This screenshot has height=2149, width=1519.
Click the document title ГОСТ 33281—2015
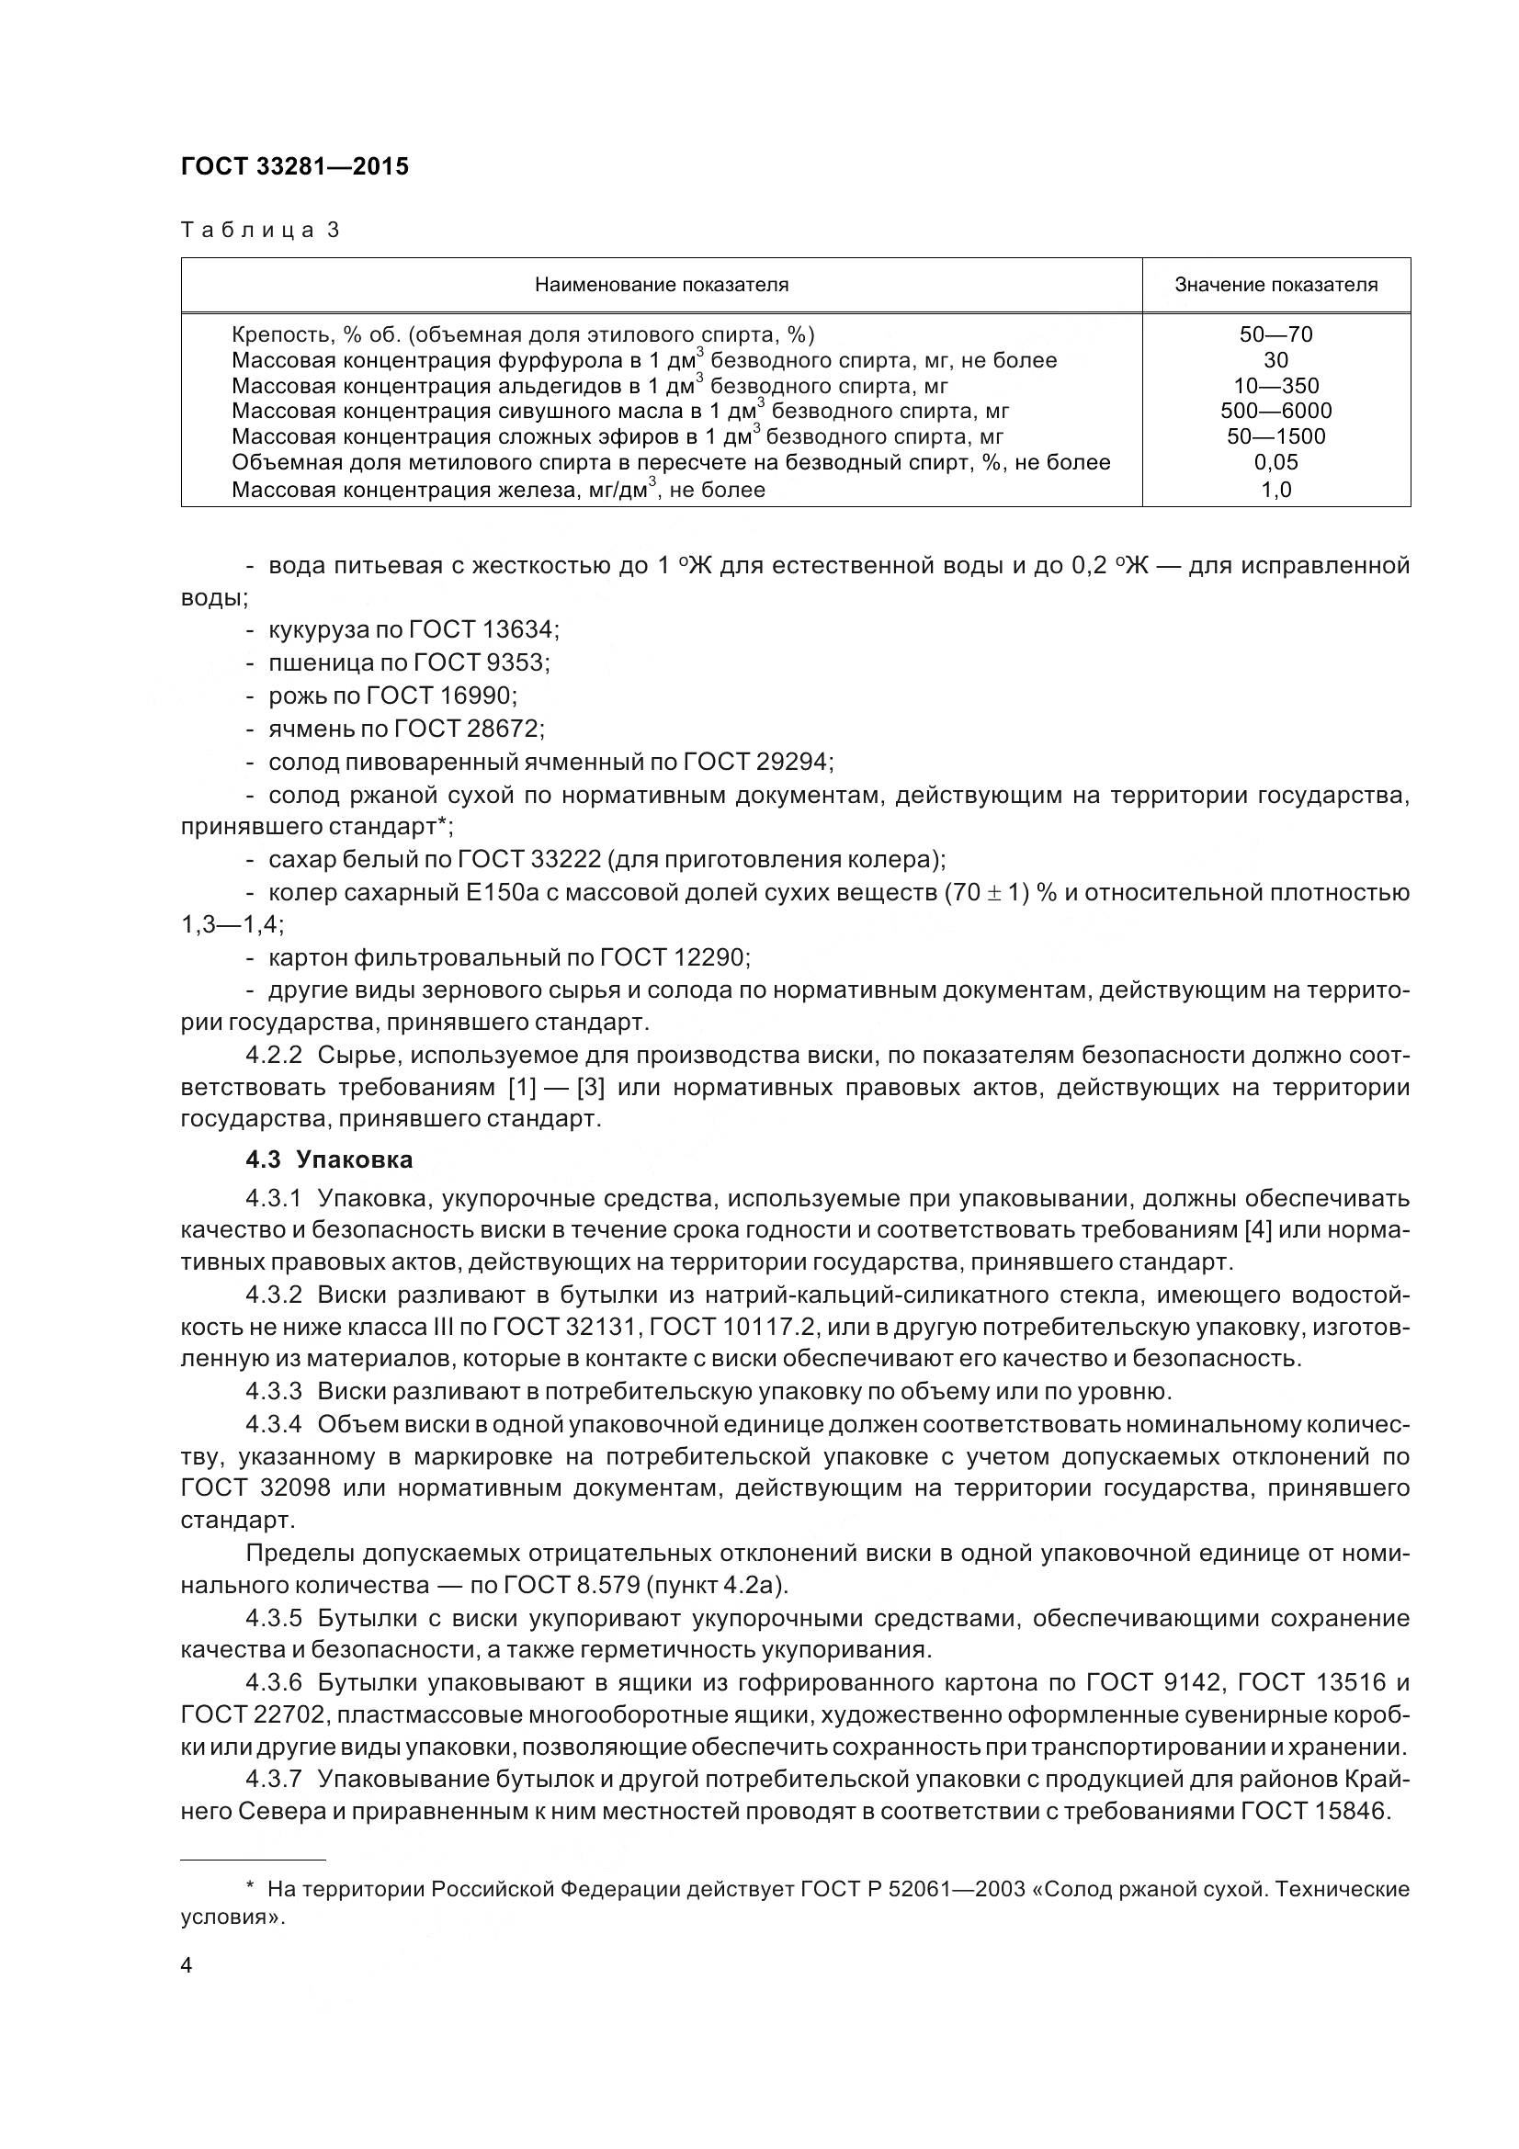point(295,166)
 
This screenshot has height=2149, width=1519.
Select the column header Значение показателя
point(1275,285)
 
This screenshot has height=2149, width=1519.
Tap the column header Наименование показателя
point(661,285)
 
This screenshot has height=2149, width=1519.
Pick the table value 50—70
point(1275,334)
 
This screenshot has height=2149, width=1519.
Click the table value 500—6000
point(1275,411)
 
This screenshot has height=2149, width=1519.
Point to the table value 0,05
point(1275,461)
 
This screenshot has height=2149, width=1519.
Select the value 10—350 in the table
point(1275,386)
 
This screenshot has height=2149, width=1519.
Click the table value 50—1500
point(1275,436)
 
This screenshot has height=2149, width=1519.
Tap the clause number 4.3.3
point(273,1392)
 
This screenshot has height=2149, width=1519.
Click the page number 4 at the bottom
point(187,1964)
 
